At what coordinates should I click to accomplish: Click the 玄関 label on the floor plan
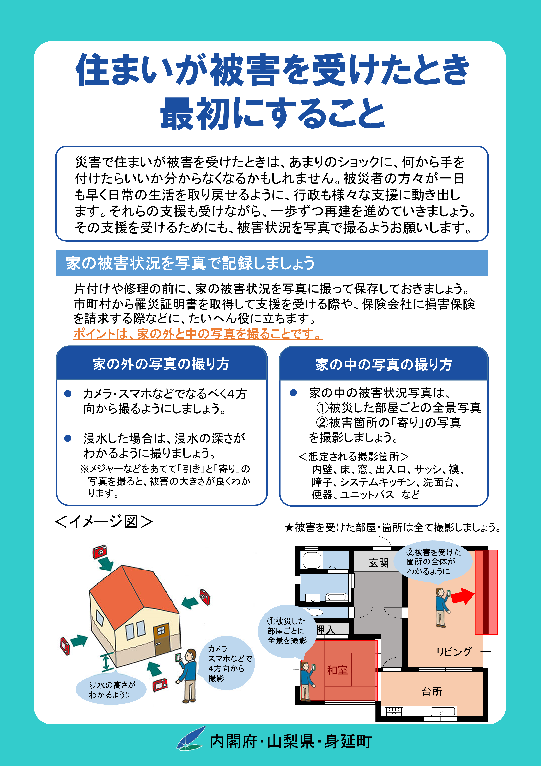coord(379,563)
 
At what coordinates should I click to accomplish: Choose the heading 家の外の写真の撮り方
coord(161,364)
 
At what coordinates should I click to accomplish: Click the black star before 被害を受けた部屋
coord(289,528)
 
